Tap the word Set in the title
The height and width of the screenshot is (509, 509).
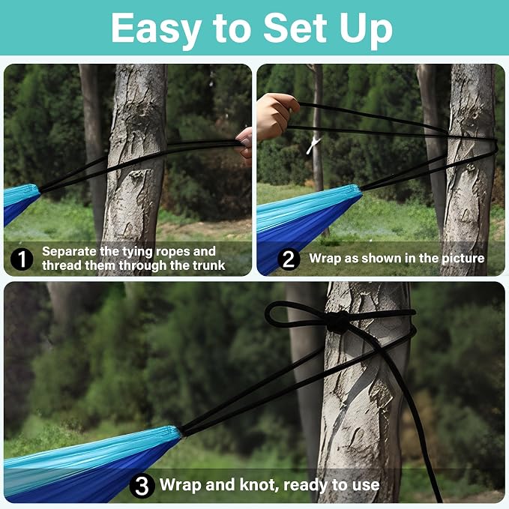point(295,28)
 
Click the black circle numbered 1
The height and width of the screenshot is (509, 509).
point(22,259)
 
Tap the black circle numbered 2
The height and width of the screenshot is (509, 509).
point(289,259)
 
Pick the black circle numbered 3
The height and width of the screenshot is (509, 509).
point(142,485)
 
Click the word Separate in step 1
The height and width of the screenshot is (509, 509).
point(69,252)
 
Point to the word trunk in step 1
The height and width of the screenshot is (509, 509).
point(208,265)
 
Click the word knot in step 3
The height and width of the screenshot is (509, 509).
point(259,485)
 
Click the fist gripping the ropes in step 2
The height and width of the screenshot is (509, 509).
point(277,115)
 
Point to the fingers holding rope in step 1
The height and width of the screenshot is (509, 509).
point(245,143)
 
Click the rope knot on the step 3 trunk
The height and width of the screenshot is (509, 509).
point(337,322)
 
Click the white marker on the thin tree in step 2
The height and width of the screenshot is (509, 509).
point(313,145)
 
